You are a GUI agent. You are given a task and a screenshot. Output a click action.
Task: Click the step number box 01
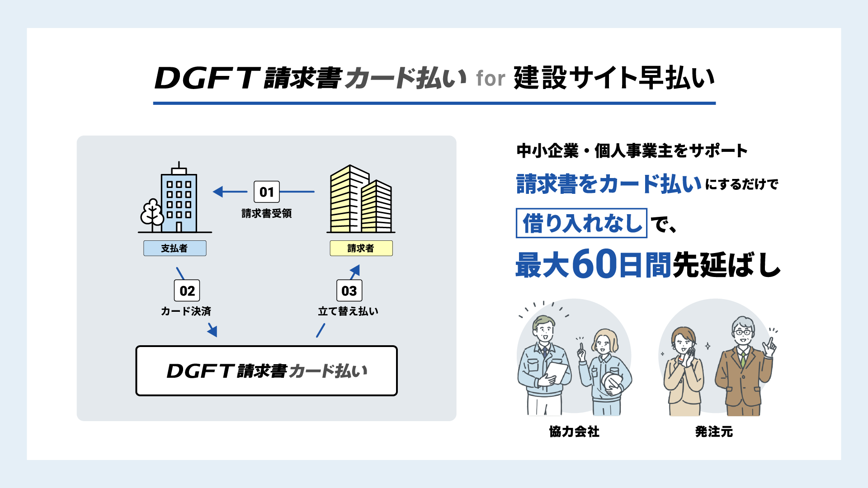(267, 192)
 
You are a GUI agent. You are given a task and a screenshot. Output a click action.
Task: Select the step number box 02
(187, 291)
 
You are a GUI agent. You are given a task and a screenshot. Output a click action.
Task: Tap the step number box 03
(349, 291)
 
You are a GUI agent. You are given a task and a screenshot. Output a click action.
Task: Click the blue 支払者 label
(175, 248)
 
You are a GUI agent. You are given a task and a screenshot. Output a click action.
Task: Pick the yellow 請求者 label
(361, 248)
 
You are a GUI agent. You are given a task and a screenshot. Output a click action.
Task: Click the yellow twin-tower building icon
(360, 200)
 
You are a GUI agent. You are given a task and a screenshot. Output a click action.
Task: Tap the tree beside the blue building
(152, 213)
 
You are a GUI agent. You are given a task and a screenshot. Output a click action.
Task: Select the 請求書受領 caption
(266, 213)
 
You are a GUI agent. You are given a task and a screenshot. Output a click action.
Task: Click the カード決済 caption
(186, 311)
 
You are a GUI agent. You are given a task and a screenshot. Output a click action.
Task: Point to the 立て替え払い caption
(348, 311)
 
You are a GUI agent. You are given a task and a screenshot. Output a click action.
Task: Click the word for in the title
(490, 79)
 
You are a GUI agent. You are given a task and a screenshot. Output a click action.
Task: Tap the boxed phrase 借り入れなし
(581, 223)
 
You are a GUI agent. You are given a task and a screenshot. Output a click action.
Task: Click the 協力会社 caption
(574, 432)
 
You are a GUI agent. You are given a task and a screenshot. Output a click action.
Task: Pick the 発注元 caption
(714, 432)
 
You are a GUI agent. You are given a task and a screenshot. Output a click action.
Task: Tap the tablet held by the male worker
(557, 373)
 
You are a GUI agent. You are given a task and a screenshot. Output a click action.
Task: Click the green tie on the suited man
(742, 359)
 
